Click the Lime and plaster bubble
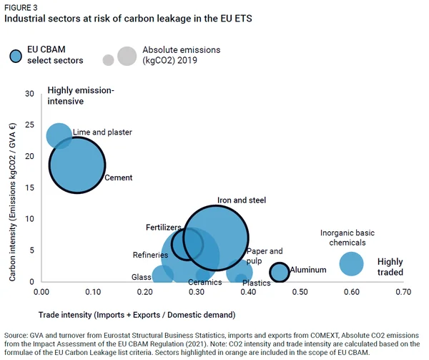click(59, 136)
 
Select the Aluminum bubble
click(279, 272)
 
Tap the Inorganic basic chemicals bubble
click(351, 263)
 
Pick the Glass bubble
click(162, 275)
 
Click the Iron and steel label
click(242, 200)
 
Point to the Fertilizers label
click(163, 227)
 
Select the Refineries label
click(150, 255)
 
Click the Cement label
click(119, 177)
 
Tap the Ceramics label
click(205, 282)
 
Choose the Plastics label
click(257, 283)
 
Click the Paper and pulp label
click(265, 256)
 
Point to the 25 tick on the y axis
click(29, 125)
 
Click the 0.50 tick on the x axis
click(300, 292)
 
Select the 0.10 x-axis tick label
click(93, 292)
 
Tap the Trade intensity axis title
click(137, 315)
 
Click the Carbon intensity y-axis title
click(12, 203)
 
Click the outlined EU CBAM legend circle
click(16, 56)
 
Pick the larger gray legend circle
click(127, 56)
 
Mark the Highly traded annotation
click(390, 267)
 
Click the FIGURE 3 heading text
click(21, 7)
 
